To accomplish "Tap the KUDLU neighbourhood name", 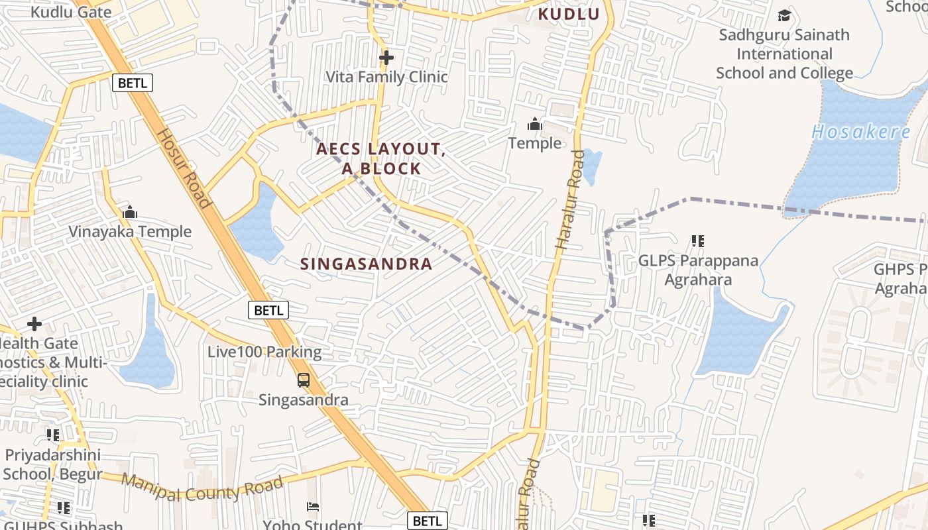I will pos(568,14).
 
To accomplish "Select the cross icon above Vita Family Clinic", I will pos(386,58).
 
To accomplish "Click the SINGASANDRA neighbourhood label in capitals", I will pos(367,264).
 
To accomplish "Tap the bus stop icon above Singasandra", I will pos(304,380).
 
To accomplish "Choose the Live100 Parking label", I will pos(264,352).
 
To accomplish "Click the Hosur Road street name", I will pos(183,168).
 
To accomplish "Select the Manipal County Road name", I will pos(203,488).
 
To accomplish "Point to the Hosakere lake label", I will pos(861,132).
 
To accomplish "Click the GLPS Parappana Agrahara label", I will pos(698,270).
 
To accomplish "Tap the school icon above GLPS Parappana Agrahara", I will pos(697,241).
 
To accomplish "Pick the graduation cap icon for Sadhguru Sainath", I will pos(784,15).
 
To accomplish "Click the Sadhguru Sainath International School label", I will pos(784,54).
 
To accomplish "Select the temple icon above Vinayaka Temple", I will pos(130,212).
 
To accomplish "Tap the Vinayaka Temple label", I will pos(130,232).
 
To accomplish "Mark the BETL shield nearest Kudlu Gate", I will pos(133,83).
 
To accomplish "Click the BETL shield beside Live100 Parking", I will pos(268,309).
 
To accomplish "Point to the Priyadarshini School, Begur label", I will pos(53,464).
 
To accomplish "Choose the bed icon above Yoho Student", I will pos(313,507).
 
